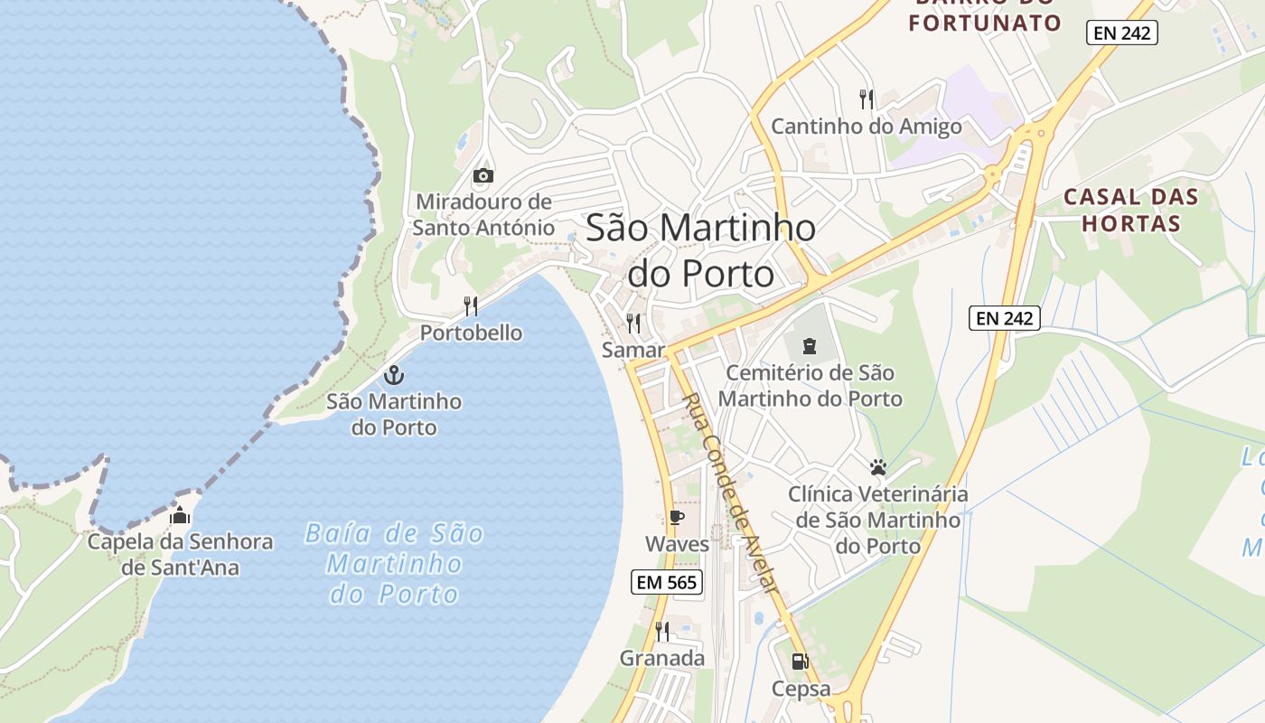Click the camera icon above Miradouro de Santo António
(483, 175)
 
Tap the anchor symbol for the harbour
(394, 374)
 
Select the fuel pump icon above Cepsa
(800, 662)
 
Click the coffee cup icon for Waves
(676, 518)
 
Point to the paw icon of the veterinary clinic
(878, 467)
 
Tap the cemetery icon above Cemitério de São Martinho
(808, 345)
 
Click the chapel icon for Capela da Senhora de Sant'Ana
(180, 516)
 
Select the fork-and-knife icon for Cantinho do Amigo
(867, 99)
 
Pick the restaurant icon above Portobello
(471, 305)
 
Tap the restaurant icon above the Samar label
(633, 323)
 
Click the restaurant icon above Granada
(662, 631)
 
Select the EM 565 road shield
(667, 583)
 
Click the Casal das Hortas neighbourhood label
(1130, 210)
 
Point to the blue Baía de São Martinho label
(394, 563)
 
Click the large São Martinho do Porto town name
(701, 249)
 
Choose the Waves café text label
(677, 544)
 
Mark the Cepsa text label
(801, 689)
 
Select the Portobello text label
(471, 333)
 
